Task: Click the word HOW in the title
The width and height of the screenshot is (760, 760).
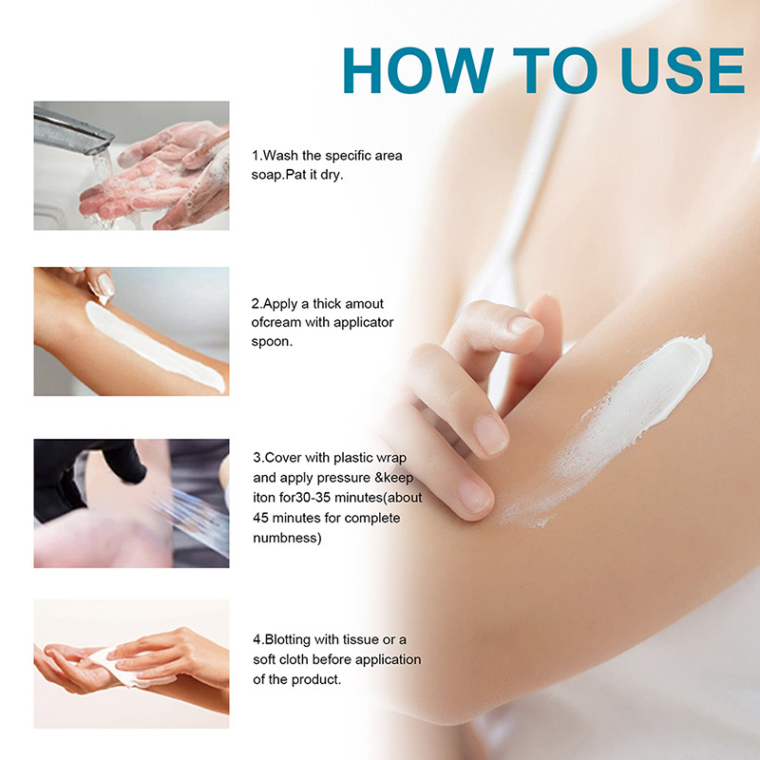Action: (418, 70)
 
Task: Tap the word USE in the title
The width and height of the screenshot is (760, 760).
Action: (682, 70)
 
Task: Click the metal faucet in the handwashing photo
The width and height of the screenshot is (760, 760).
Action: (73, 129)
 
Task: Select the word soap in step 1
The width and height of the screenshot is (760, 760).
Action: (267, 175)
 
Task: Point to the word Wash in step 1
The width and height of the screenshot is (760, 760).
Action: (280, 156)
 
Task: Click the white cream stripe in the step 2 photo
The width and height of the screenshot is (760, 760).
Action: (154, 345)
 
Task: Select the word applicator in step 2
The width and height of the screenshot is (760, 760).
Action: (363, 322)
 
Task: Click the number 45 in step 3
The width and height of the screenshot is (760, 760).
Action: (260, 518)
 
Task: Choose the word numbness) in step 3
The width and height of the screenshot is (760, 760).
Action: (287, 538)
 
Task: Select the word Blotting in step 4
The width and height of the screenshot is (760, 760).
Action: (288, 639)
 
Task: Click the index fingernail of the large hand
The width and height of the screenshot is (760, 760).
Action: (522, 324)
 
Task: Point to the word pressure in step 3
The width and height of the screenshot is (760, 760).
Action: (344, 479)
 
